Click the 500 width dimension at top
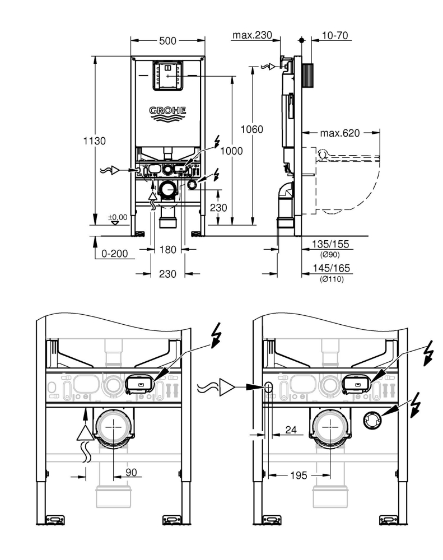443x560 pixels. point(167,41)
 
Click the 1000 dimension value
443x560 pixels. point(231,151)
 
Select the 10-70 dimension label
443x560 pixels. point(334,35)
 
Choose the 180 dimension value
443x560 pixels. point(166,249)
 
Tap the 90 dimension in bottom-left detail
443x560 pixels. point(130,473)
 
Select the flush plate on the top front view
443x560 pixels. point(167,75)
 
